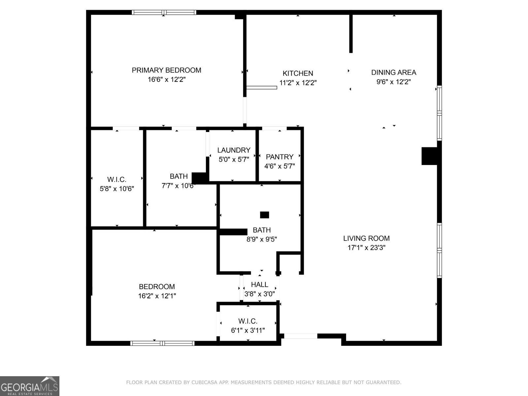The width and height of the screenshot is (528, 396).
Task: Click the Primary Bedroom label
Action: pos(166,70)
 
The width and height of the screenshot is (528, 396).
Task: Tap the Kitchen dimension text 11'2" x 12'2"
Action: pos(298,83)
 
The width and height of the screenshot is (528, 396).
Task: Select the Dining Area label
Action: pos(393,72)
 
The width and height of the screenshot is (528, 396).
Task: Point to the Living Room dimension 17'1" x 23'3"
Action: pos(366,247)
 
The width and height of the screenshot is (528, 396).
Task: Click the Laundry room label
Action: pos(234,150)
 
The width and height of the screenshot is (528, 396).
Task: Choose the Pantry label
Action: pos(280,157)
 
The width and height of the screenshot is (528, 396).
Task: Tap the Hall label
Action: pos(259,284)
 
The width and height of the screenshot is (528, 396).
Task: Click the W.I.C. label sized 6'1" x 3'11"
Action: pos(248,321)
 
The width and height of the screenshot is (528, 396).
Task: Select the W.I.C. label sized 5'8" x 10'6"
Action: pos(116,180)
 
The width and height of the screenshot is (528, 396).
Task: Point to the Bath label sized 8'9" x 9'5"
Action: pos(262,230)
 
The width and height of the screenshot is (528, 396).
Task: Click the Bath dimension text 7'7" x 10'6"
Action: pos(178,186)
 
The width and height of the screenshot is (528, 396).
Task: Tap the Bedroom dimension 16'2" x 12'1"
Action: pos(157,296)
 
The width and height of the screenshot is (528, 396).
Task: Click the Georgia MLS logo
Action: pos(29,386)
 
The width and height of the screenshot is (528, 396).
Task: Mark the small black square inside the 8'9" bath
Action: pos(264,215)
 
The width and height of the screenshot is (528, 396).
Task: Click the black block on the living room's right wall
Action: pos(430,156)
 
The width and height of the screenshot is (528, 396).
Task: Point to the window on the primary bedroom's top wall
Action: pos(164,13)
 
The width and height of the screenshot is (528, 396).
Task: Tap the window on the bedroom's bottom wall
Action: pos(162,343)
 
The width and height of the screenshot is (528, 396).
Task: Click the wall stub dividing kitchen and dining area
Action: pos(351,33)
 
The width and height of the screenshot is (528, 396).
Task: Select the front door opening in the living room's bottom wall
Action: pos(301,336)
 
